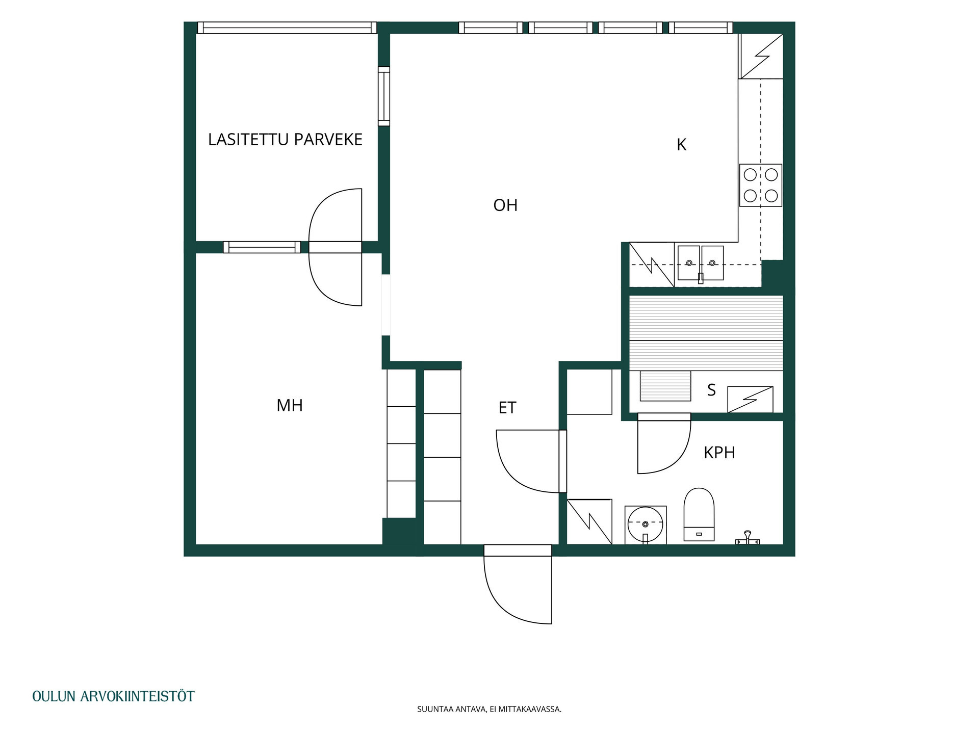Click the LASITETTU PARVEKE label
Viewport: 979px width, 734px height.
[285, 139]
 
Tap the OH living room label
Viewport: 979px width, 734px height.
[505, 205]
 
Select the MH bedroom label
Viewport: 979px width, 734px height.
[290, 405]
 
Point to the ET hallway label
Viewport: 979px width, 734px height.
[507, 408]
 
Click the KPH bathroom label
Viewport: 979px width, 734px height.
[719, 453]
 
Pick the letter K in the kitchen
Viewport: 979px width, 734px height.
[681, 145]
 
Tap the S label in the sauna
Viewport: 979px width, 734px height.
[711, 390]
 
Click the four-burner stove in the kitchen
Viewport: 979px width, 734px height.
[761, 185]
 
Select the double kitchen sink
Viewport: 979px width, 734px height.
[701, 263]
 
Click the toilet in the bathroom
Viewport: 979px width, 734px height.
[699, 514]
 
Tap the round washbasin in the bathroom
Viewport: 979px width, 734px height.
[646, 525]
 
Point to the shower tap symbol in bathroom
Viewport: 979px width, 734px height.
[748, 538]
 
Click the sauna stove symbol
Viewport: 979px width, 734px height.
[750, 400]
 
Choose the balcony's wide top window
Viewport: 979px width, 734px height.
[287, 28]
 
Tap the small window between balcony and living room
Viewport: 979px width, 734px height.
[384, 96]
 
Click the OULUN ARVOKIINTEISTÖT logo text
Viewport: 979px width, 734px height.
[113, 696]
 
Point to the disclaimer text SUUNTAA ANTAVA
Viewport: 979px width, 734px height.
[451, 709]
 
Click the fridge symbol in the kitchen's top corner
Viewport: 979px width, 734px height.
[761, 56]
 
